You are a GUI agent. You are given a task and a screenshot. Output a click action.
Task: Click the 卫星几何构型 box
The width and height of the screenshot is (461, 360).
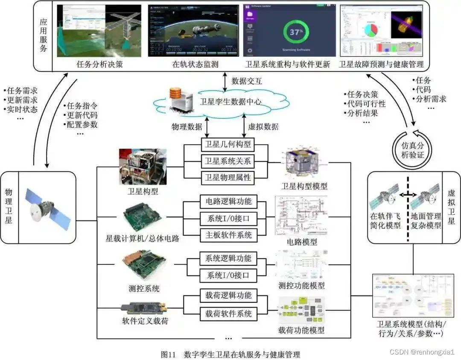click(227, 145)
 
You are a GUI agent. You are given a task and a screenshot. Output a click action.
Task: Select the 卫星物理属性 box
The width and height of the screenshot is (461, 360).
click(227, 177)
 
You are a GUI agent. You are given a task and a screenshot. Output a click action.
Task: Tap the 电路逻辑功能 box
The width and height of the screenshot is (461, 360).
click(228, 202)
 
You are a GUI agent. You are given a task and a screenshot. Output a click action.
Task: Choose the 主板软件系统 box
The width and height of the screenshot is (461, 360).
click(228, 234)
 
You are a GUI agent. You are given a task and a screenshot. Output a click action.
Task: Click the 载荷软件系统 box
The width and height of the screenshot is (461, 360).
click(228, 313)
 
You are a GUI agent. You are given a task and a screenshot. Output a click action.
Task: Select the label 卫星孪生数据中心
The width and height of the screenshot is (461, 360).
click(231, 102)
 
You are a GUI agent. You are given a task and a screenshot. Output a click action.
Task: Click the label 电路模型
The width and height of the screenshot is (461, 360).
click(302, 242)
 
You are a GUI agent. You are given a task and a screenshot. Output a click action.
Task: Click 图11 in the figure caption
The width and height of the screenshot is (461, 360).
click(169, 354)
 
